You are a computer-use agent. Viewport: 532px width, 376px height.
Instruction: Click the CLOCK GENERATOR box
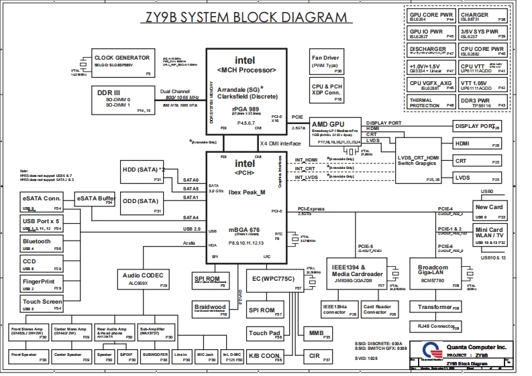pos(122,63)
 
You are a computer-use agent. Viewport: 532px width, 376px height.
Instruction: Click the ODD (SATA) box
pos(142,204)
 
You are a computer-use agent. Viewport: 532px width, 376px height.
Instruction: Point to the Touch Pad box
pos(265,333)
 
